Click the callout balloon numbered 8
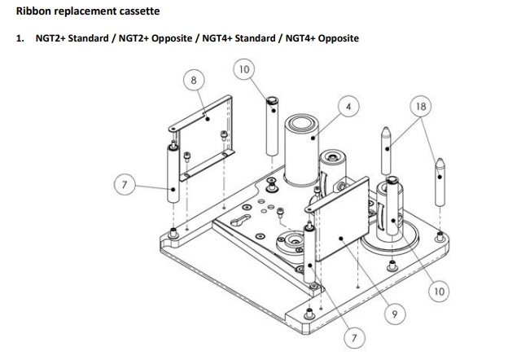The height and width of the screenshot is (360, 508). (193, 80)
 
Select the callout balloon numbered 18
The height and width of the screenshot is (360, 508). (421, 107)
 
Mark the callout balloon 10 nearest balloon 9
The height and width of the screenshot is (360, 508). (439, 291)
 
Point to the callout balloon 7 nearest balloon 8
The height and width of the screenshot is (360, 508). (125, 186)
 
